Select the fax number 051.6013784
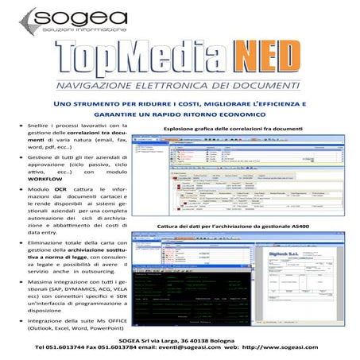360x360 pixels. point(125,348)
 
